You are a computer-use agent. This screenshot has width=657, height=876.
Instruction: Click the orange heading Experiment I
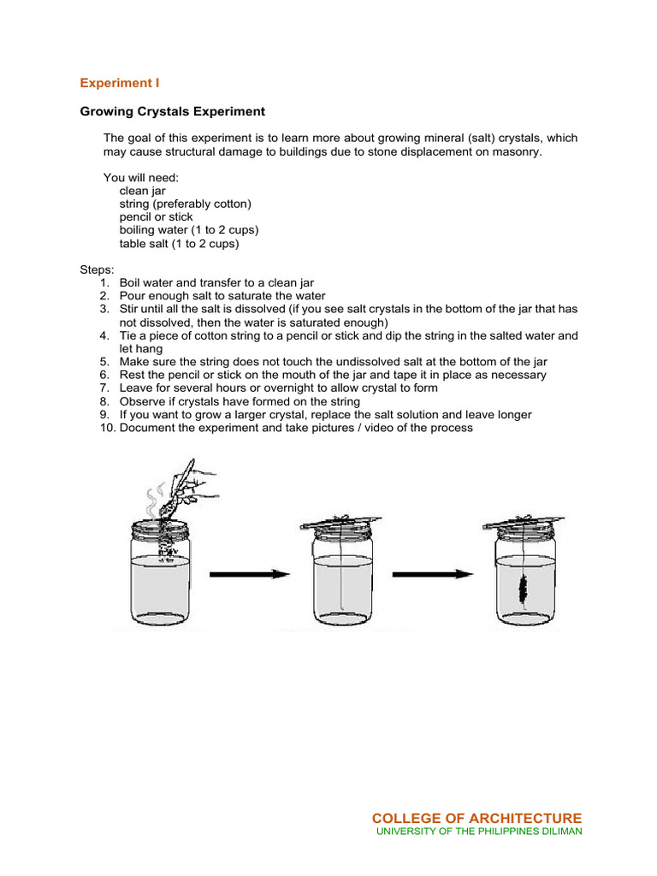tap(120, 83)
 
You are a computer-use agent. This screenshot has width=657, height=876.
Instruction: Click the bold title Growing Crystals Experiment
tap(172, 111)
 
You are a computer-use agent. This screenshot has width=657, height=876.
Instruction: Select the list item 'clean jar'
tap(142, 191)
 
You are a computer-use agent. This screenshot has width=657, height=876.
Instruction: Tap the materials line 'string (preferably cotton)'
tap(186, 204)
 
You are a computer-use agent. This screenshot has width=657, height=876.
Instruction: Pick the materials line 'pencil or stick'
tap(156, 217)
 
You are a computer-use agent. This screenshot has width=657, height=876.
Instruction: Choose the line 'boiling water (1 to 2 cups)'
tap(188, 230)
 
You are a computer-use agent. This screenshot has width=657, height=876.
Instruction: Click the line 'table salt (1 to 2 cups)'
tap(179, 243)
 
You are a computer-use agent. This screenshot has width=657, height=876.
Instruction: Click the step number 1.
tap(104, 282)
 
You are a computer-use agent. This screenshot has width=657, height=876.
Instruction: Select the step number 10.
tap(107, 427)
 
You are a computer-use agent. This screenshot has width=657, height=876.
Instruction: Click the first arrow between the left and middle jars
tap(250, 574)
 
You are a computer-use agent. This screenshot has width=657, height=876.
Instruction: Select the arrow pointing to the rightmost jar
tap(432, 574)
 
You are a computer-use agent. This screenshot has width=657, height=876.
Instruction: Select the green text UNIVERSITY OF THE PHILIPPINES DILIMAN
tap(479, 832)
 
